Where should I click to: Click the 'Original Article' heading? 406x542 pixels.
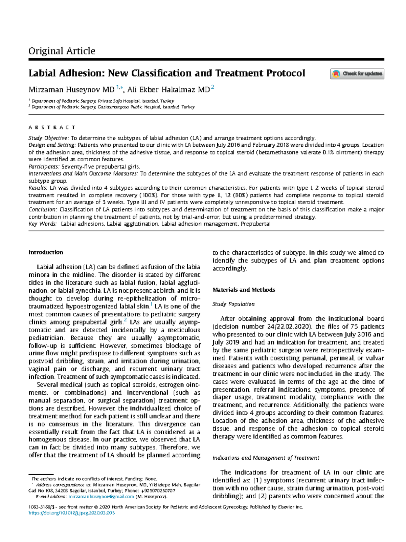pos(62,51)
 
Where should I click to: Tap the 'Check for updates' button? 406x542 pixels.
pos(357,74)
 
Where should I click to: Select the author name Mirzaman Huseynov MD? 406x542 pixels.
pos(71,90)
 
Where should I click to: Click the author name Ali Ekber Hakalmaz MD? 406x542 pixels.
pos(168,90)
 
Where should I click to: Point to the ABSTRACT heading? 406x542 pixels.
pos(52,127)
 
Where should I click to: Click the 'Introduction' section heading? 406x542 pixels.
pos(46,252)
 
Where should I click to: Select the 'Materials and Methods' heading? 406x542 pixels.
pos(244,290)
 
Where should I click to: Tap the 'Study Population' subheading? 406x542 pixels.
pos(233,304)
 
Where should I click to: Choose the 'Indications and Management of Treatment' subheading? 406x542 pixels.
pos(266,458)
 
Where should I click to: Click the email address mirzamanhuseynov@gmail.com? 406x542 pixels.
pos(101,497)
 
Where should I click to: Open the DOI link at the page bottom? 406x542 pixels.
pos(72,513)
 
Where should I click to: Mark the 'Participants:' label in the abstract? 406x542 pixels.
pos(44,167)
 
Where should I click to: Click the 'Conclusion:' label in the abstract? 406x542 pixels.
pos(43,210)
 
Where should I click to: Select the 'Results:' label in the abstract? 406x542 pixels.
pos(38,188)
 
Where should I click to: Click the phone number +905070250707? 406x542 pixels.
pos(158,491)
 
